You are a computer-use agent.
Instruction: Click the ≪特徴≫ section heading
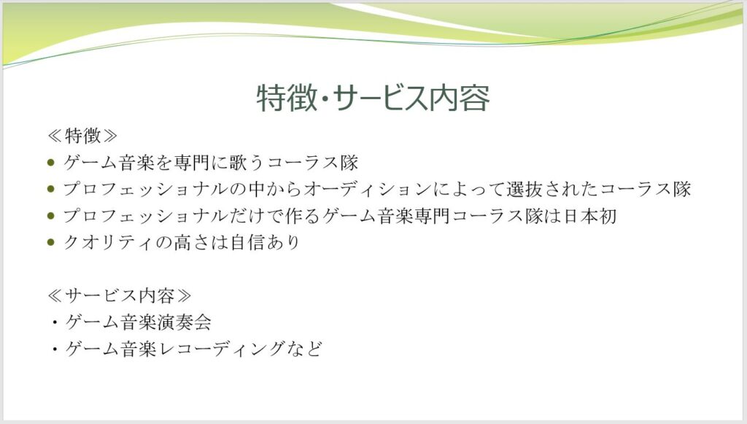82,136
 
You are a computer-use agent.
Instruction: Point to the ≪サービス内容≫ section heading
119,296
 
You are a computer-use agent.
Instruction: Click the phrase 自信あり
265,242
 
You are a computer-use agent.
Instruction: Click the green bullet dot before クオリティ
52,242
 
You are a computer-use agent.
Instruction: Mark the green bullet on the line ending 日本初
52,216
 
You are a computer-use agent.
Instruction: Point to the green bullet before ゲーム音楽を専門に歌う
52,163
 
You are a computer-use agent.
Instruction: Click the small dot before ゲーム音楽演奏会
55,323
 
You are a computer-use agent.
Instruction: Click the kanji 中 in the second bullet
257,189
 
